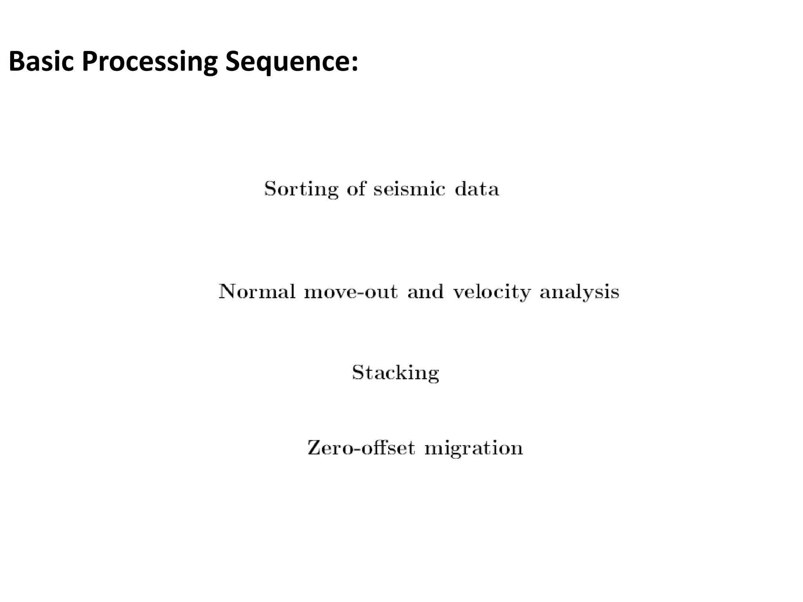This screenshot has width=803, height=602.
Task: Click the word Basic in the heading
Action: pos(41,62)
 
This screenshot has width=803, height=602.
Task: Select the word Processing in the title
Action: pos(149,62)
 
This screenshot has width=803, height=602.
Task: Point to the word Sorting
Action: pos(301,189)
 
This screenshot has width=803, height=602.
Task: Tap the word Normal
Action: pos(257,292)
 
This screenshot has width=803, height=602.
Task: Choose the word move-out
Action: pos(351,292)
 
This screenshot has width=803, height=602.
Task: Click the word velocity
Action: pos(492,292)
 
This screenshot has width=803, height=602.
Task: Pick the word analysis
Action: pos(580,292)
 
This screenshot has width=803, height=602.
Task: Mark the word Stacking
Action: pos(395,373)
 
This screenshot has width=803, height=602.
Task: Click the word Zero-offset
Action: pos(361,448)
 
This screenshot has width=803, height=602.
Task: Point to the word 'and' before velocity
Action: pos(425,292)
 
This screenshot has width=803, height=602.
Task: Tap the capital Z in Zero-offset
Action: pos(314,448)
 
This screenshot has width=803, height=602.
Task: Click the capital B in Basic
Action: pos(17,62)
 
